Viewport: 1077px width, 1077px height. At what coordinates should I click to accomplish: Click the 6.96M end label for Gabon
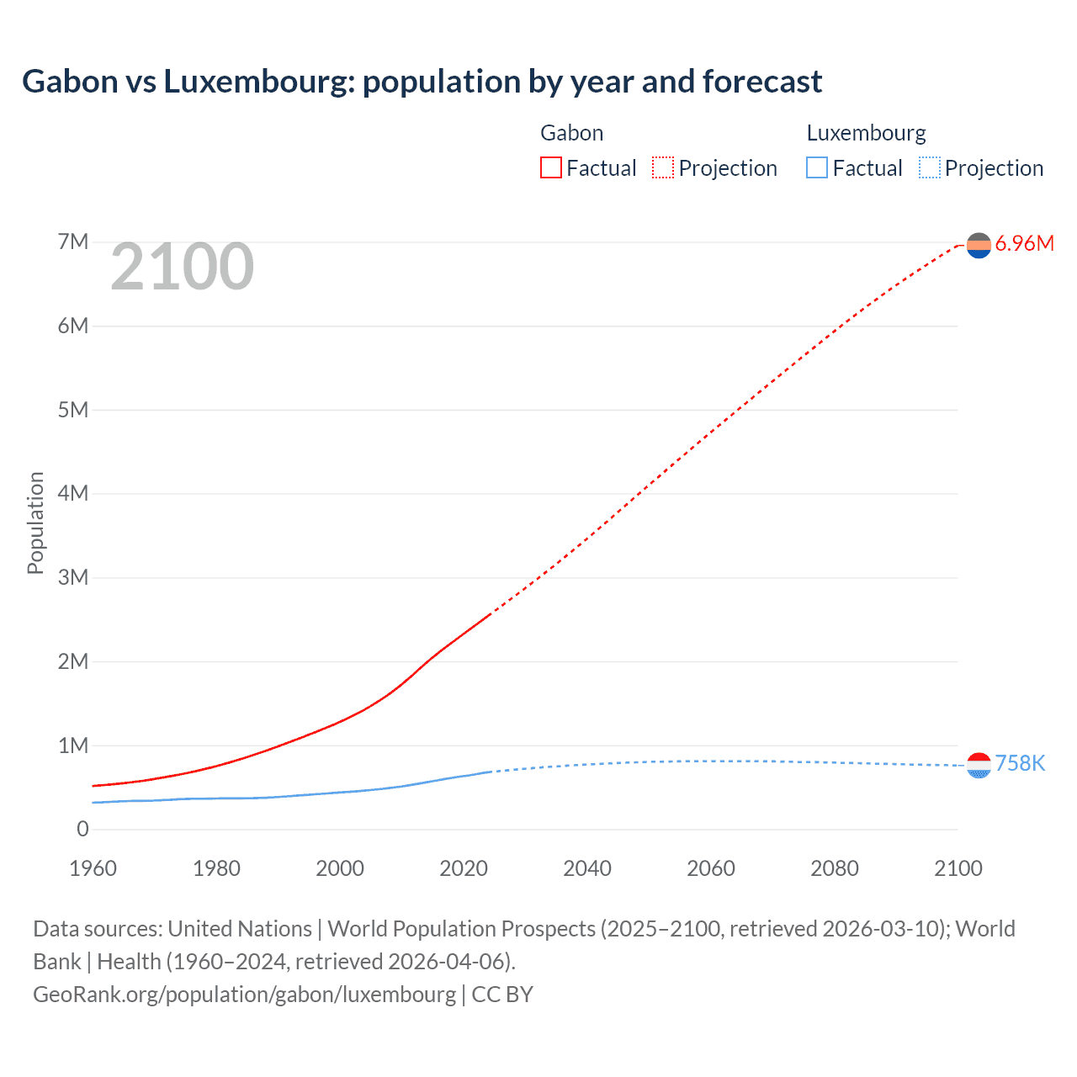click(x=1024, y=244)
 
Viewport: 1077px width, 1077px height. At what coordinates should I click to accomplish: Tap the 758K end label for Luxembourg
click(x=1020, y=763)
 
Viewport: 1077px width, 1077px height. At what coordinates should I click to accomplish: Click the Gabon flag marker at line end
click(x=979, y=245)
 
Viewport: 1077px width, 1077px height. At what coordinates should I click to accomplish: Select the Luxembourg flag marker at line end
click(x=979, y=765)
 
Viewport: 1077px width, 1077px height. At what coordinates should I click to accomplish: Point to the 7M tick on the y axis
click(x=73, y=242)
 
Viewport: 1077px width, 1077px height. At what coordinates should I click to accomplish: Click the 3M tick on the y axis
click(x=73, y=577)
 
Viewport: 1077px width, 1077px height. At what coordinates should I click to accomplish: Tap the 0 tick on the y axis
click(x=82, y=829)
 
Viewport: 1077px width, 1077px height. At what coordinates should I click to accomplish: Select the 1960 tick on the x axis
click(x=93, y=868)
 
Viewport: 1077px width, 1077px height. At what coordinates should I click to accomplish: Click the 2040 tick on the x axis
click(x=587, y=868)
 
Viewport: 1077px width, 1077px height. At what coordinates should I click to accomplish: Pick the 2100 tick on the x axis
click(x=958, y=868)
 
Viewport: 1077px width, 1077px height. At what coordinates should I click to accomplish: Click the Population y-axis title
click(x=35, y=523)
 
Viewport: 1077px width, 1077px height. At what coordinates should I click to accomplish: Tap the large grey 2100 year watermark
click(x=182, y=267)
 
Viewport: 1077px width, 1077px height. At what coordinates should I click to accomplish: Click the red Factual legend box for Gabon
click(x=550, y=167)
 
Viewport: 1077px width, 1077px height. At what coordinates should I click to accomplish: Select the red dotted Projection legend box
click(x=663, y=167)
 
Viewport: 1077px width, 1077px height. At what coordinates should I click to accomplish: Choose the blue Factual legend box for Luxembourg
click(x=817, y=167)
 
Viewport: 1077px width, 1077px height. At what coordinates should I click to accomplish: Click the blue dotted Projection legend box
click(x=930, y=167)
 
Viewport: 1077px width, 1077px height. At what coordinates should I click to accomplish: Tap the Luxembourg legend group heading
click(x=866, y=133)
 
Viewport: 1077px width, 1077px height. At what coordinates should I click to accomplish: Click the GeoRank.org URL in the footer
click(x=244, y=994)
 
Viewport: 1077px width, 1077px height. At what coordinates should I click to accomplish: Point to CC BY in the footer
click(x=502, y=994)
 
